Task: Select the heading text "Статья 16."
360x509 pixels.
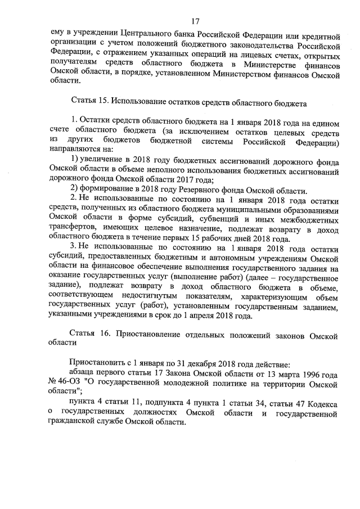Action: pyautogui.click(x=88, y=335)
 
